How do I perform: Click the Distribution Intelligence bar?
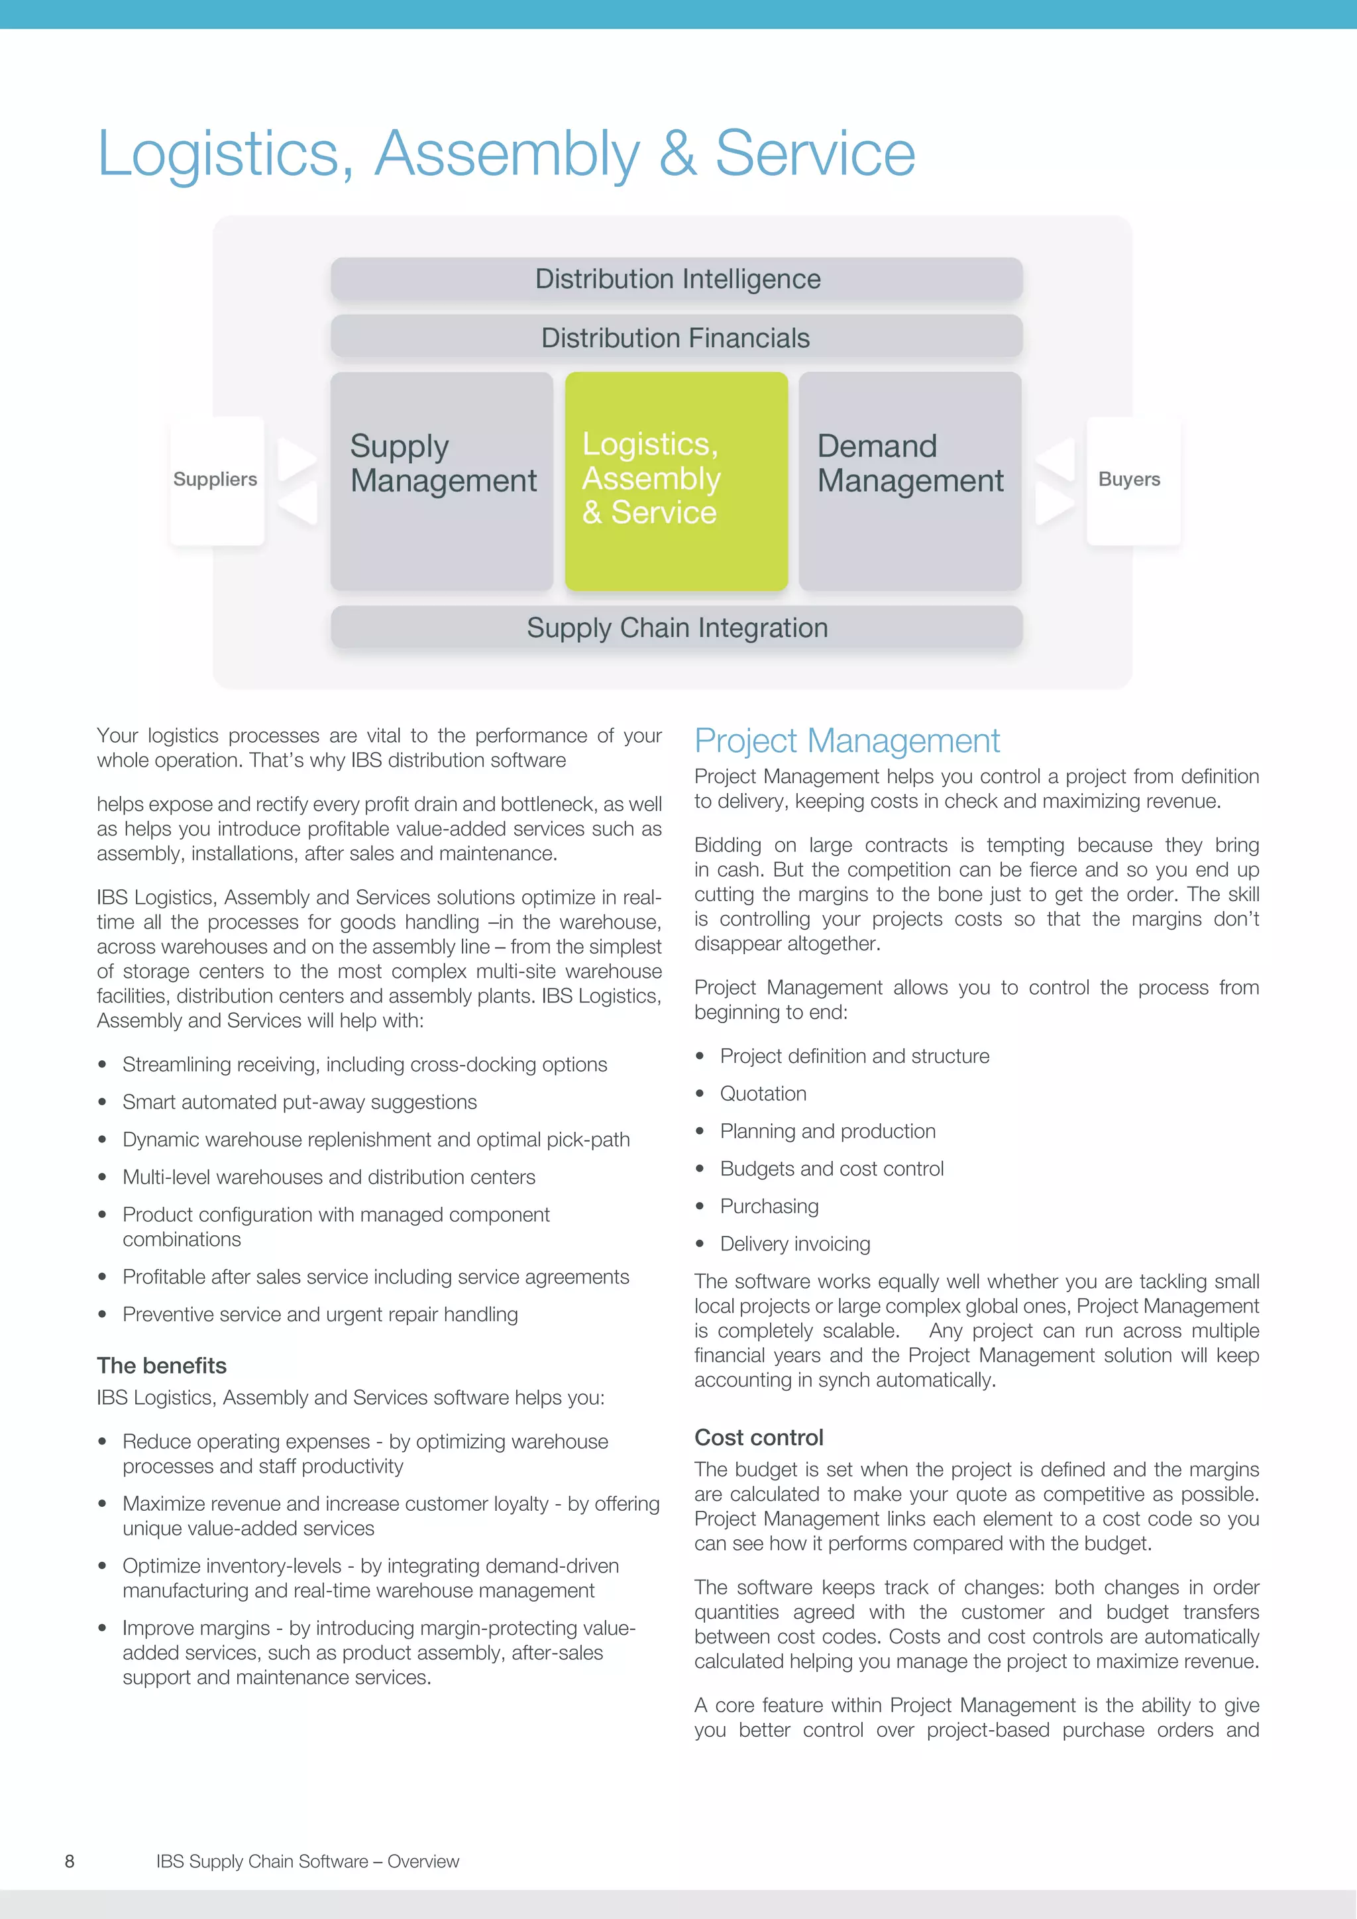click(x=677, y=279)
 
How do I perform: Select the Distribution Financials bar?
click(x=677, y=338)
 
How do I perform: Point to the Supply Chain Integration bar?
click(x=677, y=628)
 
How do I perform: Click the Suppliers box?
click(x=215, y=480)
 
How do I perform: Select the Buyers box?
click(x=1130, y=480)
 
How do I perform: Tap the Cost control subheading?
click(x=759, y=1437)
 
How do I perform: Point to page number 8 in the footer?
click(x=70, y=1861)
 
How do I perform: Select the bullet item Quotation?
click(x=763, y=1094)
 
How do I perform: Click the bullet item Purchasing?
click(x=769, y=1206)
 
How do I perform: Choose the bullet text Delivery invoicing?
click(x=794, y=1244)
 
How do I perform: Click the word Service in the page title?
click(x=815, y=154)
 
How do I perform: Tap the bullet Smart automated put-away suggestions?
click(x=299, y=1103)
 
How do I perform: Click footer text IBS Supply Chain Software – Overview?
click(x=307, y=1861)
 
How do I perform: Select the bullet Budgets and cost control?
click(x=832, y=1168)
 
